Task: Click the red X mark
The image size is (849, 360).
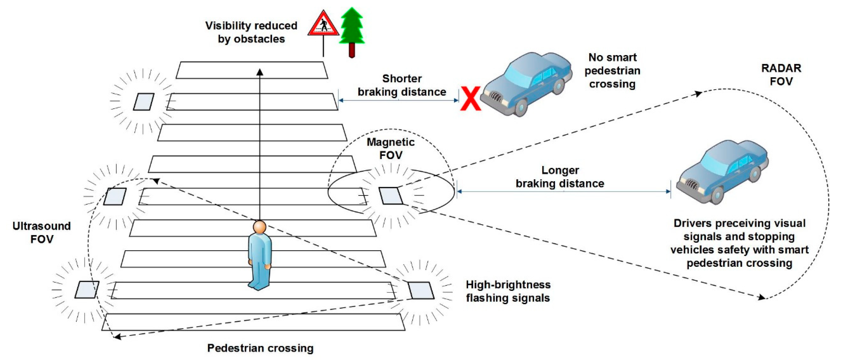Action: [471, 98]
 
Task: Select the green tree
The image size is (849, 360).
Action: [352, 26]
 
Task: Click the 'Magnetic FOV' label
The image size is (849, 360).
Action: [390, 148]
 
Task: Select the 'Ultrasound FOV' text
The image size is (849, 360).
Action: [42, 232]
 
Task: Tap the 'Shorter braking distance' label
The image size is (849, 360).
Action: [402, 85]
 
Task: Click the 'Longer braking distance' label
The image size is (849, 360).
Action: [560, 177]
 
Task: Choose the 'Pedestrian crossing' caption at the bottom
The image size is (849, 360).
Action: [260, 348]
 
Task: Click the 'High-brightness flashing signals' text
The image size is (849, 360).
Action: [508, 291]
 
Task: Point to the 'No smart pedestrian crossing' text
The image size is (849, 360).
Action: [612, 71]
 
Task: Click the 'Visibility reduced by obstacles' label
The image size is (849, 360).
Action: [251, 32]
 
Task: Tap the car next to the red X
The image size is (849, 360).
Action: [527, 84]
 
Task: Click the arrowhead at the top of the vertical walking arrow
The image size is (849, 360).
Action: [260, 72]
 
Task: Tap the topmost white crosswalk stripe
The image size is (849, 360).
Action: [252, 70]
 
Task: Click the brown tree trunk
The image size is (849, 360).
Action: [352, 50]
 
